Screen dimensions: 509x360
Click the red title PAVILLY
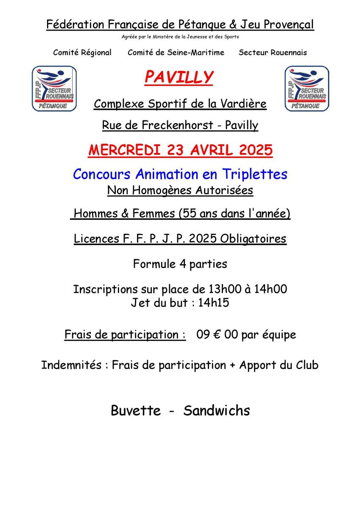pos(179,77)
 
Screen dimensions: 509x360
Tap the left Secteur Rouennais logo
pos(54,89)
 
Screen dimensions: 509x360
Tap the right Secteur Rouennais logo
pos(307,89)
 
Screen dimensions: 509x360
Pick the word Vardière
pos(246,103)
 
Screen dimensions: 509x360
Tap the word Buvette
pos(136,410)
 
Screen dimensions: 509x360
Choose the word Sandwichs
pos(217,410)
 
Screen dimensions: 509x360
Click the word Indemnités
pos(71,365)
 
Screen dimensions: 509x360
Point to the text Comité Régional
pos(82,53)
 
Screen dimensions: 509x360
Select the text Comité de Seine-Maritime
pos(176,53)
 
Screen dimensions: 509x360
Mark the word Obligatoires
pos(253,239)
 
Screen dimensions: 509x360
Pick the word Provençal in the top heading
pos(289,25)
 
